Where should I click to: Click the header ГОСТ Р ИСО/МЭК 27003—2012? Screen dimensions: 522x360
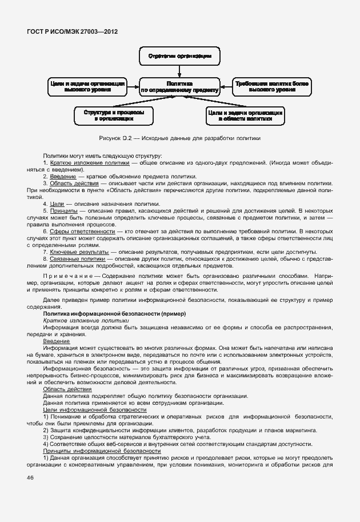click(x=72, y=31)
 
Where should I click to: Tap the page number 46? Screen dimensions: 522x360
click(x=30, y=478)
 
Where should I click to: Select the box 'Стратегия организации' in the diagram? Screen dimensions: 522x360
click(x=179, y=57)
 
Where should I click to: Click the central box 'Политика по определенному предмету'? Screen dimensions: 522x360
click(x=179, y=86)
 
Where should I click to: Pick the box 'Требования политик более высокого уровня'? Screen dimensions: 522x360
click(x=272, y=86)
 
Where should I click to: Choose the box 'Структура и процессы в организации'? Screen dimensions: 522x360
click(x=113, y=116)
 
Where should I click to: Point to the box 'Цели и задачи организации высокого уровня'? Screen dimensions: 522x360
click(x=87, y=86)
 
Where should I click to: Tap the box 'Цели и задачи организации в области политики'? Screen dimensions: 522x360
click(x=245, y=116)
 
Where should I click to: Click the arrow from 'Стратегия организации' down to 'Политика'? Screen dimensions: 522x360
click(x=179, y=71)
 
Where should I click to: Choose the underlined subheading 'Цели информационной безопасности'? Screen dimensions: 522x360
click(x=95, y=410)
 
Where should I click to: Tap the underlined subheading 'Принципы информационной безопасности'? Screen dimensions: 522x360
click(x=102, y=451)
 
